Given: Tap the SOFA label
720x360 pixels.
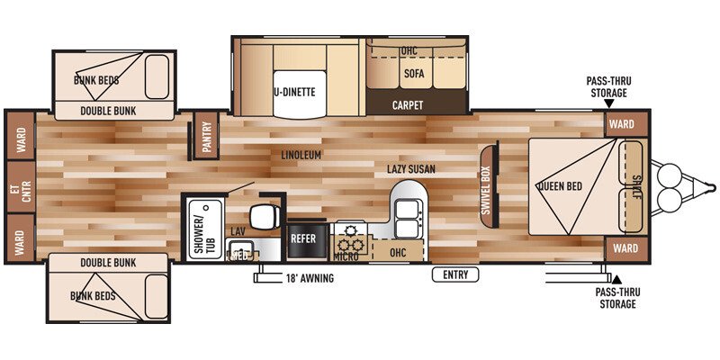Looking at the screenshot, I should point(414,74).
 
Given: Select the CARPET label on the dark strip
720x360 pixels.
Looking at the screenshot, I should point(408,105).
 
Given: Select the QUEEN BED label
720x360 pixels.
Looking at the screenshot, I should point(562,187).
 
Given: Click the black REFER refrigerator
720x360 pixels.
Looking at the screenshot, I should point(303,239).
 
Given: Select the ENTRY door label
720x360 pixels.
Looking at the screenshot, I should point(455,274).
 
